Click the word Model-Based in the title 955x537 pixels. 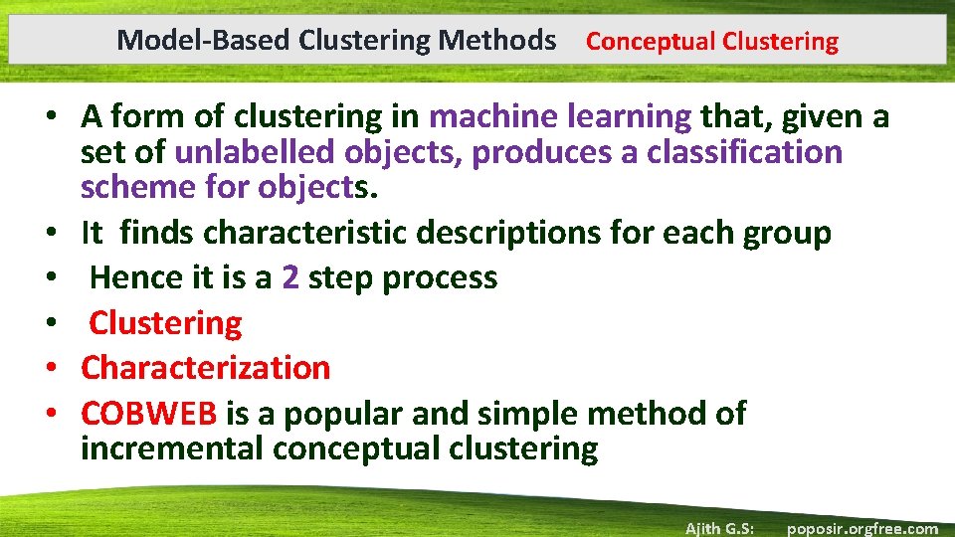[172, 41]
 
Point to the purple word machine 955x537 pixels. [492, 117]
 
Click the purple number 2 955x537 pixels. [290, 277]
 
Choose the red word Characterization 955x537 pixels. [205, 367]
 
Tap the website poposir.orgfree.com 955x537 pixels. [861, 528]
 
